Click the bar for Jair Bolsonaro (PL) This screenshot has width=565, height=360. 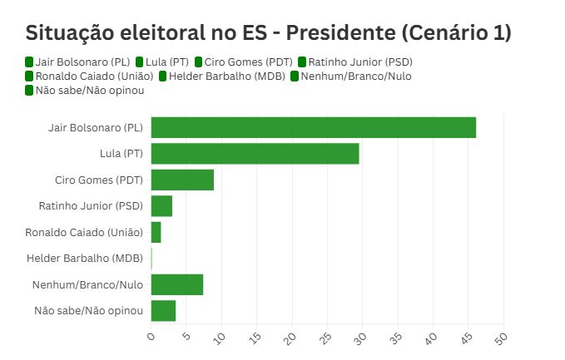pos(313,128)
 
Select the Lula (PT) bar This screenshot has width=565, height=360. pos(255,154)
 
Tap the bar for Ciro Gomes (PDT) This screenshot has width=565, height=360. pos(182,180)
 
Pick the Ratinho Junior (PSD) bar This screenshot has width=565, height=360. pos(161,206)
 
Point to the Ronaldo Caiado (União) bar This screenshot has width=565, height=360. pos(156,232)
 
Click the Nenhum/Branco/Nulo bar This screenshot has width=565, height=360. pos(176,284)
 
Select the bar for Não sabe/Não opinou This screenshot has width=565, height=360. pos(163,310)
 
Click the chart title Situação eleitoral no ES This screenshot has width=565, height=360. pos(268,33)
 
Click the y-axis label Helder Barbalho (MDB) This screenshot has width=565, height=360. pos(85,259)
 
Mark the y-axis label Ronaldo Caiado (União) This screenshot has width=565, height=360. pos(84,232)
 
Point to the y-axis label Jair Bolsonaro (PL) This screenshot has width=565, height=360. pos(96,128)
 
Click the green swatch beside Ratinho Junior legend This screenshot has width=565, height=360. pos(302,62)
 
